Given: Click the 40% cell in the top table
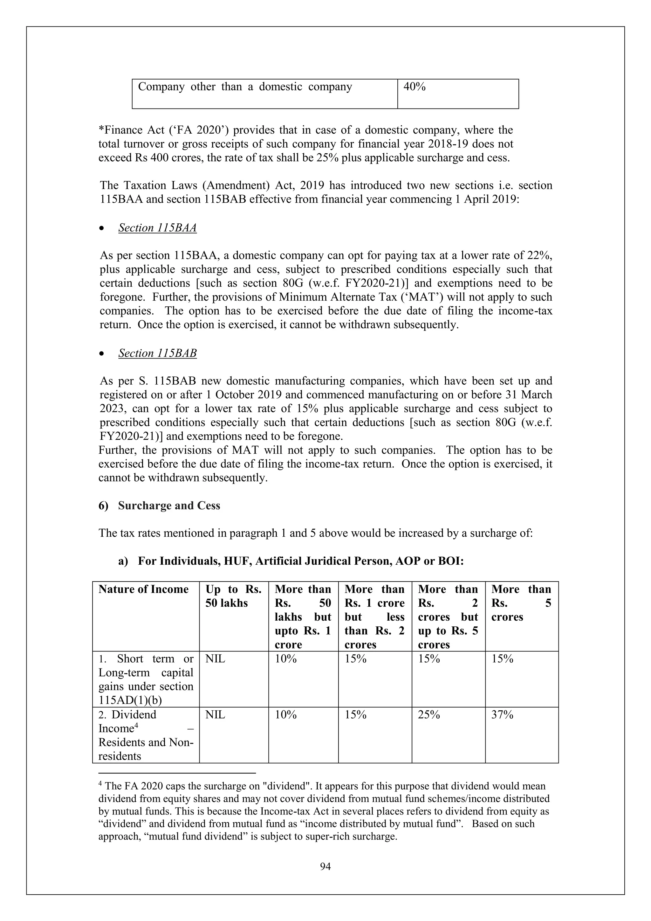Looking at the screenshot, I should pos(414,87).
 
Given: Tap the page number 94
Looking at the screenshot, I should pos(325,867).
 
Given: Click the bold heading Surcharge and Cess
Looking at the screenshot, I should pos(169,506).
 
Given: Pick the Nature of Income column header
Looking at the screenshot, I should pos(143,589).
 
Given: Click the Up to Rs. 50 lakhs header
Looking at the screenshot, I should pos(233,596).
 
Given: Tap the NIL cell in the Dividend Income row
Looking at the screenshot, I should pos(215,715).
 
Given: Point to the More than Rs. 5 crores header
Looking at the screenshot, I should pos(521,603).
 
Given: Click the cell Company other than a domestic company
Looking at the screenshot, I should pos(245,87).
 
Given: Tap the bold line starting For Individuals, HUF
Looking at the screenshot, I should pos(301,561).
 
